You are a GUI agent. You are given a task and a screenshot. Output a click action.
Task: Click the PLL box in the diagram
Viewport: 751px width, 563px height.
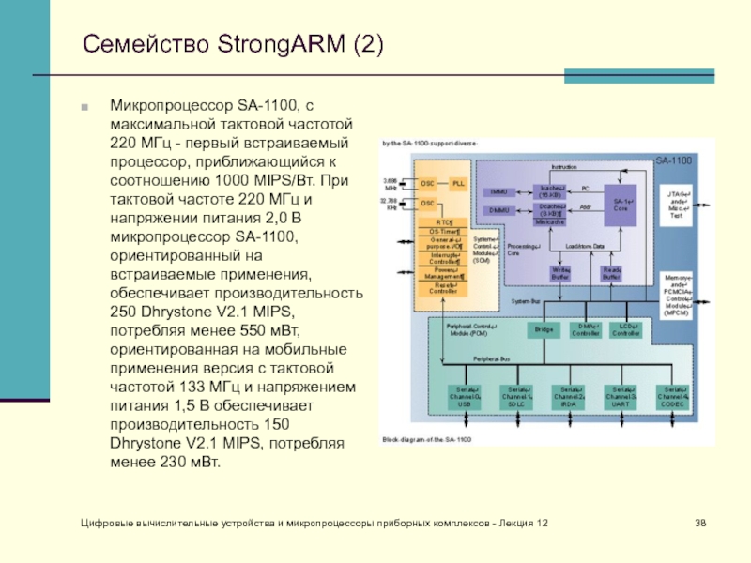click(458, 184)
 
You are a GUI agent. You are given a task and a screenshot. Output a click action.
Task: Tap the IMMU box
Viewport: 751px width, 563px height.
click(498, 191)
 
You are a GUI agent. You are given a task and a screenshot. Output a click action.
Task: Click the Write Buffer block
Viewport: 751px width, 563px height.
click(560, 273)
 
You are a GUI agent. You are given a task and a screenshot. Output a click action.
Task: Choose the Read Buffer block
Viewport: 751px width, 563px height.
click(611, 273)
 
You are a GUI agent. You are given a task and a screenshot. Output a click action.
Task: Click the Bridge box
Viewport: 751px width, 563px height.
click(543, 329)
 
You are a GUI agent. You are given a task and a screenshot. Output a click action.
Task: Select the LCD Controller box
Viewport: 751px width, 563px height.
click(625, 329)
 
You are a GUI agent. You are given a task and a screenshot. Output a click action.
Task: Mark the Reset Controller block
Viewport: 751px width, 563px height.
click(441, 288)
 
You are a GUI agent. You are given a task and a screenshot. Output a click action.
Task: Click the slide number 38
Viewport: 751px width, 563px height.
click(700, 522)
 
